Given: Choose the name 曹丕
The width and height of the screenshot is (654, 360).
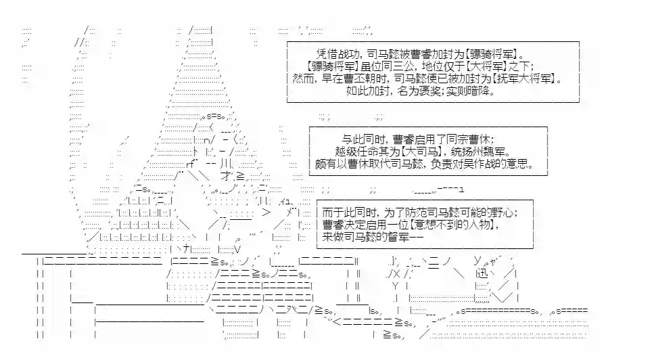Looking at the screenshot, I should (356, 78).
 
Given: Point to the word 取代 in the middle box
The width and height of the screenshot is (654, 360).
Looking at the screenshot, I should (383, 164).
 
